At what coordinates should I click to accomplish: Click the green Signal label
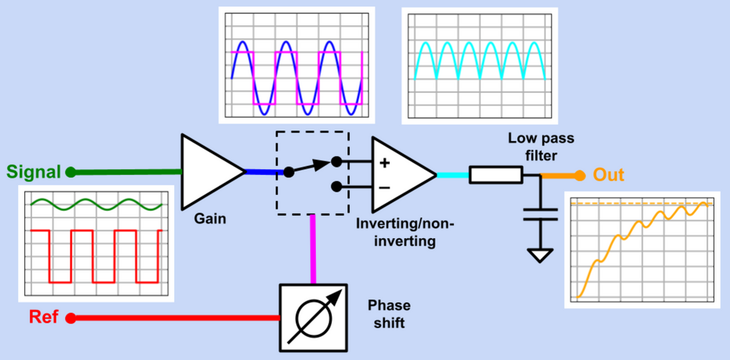coord(34,172)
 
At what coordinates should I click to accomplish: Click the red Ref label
coord(43,317)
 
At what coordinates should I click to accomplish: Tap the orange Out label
coord(609,175)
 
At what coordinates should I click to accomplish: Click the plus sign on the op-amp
coord(384,163)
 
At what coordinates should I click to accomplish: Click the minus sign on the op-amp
coord(384,187)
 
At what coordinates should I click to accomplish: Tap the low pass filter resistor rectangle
coord(495,175)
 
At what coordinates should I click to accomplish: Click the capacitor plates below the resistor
coord(540,215)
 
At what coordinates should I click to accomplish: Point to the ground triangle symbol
coord(540,254)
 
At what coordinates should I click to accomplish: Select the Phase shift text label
coord(389,314)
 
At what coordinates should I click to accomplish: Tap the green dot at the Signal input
coord(71,172)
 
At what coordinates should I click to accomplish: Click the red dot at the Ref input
coord(71,318)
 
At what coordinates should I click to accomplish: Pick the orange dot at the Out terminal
coord(580,175)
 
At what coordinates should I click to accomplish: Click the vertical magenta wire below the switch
coord(312,250)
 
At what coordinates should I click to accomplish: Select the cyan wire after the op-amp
coord(452,175)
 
